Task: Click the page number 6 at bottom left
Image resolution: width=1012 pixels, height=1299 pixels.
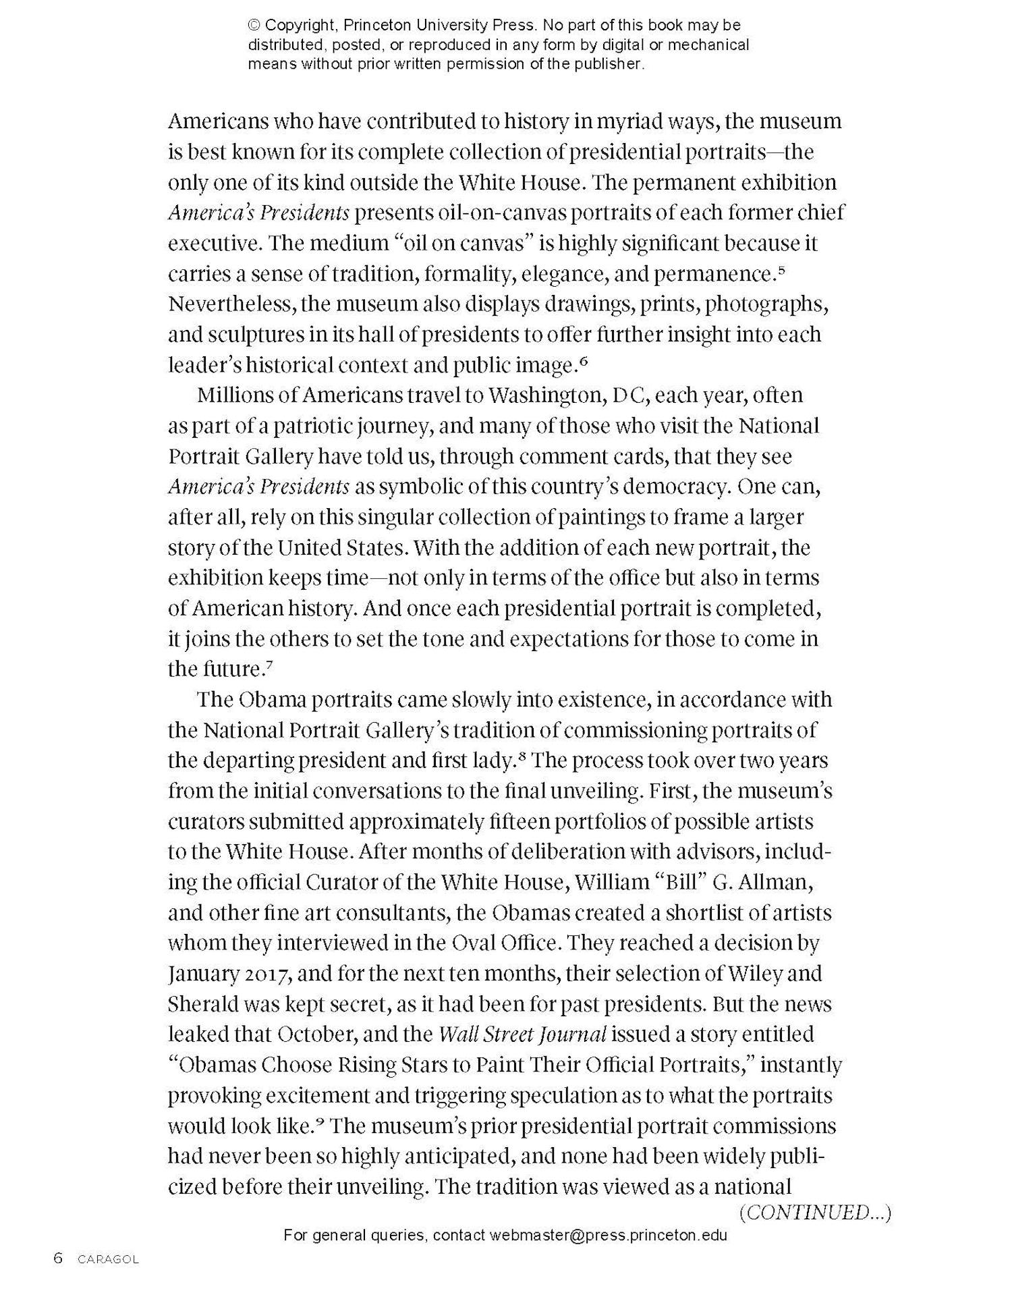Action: [58, 1259]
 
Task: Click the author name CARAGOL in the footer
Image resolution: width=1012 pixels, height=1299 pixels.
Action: [108, 1259]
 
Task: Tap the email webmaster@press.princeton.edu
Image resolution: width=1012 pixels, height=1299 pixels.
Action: [609, 1236]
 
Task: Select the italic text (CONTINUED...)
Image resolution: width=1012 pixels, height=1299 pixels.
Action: [815, 1213]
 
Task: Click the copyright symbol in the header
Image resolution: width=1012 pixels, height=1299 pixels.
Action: [254, 26]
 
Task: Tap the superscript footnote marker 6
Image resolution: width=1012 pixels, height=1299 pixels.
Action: [584, 362]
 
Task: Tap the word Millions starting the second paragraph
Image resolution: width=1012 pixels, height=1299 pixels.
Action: [235, 395]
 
